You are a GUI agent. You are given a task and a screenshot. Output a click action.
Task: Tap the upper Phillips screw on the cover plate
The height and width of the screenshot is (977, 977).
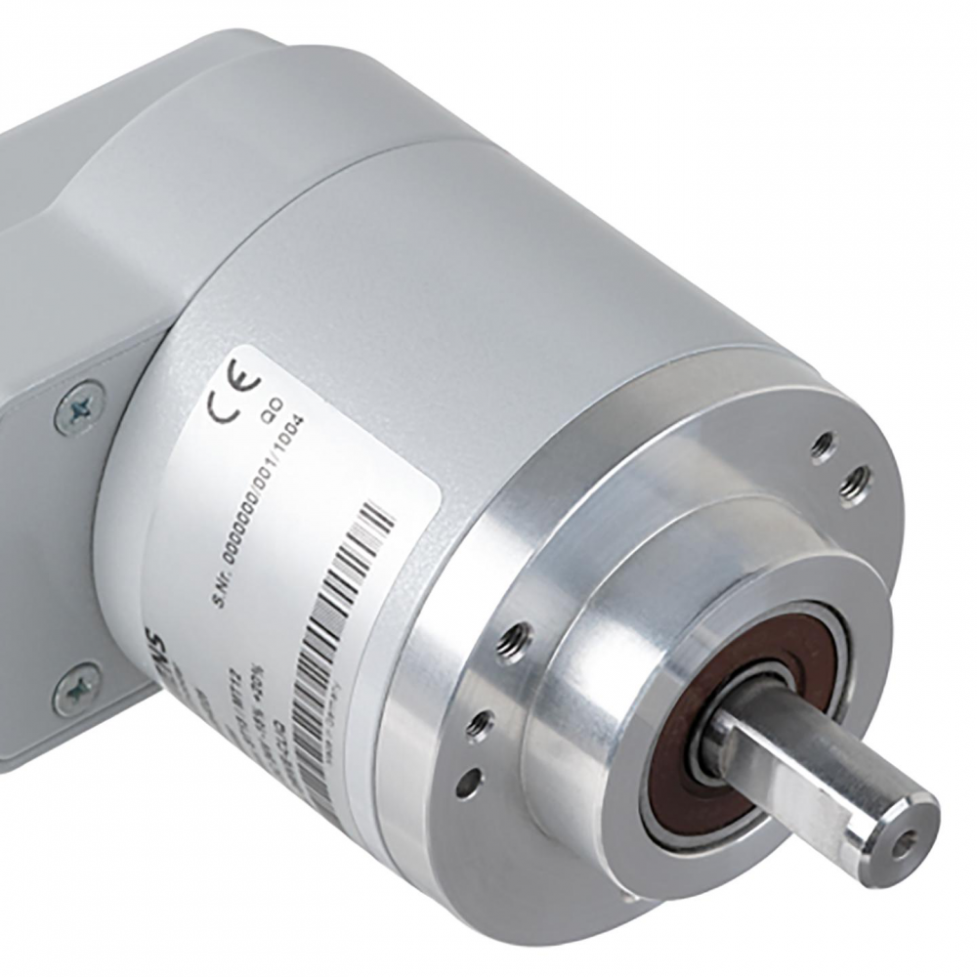click(80, 407)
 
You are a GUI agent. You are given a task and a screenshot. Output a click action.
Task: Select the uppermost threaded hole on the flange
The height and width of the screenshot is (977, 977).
click(824, 446)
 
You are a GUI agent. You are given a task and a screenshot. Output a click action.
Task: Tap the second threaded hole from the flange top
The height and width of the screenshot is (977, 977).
click(857, 482)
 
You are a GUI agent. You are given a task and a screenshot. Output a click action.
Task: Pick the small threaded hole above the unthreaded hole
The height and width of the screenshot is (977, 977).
click(479, 723)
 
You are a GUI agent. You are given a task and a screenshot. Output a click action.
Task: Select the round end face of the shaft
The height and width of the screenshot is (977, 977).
click(904, 835)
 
